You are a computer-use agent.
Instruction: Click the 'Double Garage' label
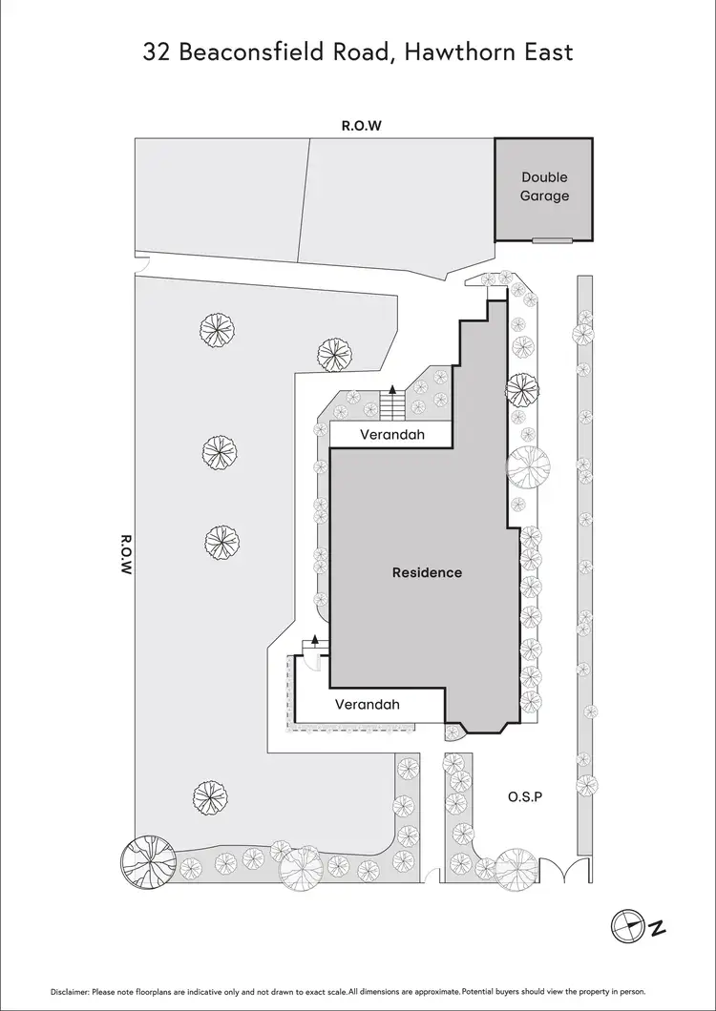point(544,186)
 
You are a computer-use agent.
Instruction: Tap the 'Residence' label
point(427,572)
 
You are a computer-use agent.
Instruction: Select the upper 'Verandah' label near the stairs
point(391,435)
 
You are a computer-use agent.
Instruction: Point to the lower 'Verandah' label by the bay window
point(367,705)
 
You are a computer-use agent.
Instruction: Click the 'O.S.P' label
point(525,795)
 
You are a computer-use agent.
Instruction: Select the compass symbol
point(629,923)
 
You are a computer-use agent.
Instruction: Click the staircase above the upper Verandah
point(391,405)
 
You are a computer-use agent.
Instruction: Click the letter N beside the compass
point(658,926)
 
